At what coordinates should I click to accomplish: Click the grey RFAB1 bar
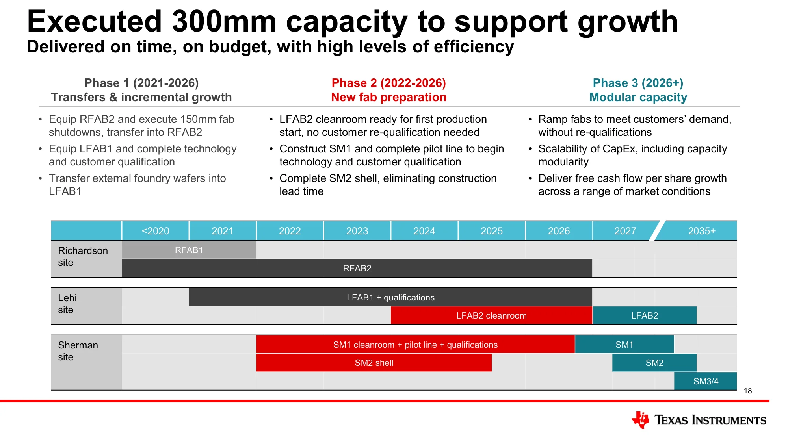click(189, 250)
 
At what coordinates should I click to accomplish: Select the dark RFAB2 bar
click(357, 268)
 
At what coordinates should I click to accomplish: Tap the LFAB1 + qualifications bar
click(390, 297)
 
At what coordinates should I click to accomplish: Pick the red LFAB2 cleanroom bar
click(491, 315)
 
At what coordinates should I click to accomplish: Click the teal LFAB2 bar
click(645, 315)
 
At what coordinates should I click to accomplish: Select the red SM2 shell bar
click(374, 363)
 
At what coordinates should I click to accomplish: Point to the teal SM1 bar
click(624, 345)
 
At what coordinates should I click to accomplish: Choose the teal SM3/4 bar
click(706, 381)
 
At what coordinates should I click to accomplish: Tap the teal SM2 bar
click(654, 363)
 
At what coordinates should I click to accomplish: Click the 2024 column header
click(424, 231)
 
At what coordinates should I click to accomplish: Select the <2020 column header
click(155, 231)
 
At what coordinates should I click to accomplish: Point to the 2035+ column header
click(702, 231)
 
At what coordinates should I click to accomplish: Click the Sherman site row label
click(78, 351)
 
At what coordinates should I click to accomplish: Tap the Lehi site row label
click(67, 304)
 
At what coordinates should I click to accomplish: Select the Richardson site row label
click(83, 256)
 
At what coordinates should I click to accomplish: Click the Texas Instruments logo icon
click(640, 420)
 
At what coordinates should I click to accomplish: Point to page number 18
click(748, 391)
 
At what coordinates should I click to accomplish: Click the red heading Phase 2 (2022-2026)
click(388, 83)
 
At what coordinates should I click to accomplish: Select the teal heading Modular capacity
click(638, 97)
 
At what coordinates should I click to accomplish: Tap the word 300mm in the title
click(224, 21)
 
